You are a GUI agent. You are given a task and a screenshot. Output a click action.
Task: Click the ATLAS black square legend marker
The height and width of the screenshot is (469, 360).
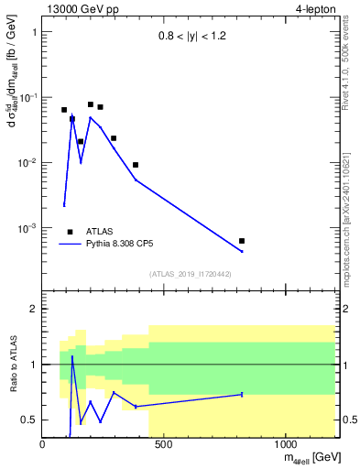pos(70,232)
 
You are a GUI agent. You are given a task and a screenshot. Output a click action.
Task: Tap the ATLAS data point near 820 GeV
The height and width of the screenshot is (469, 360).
pos(242,241)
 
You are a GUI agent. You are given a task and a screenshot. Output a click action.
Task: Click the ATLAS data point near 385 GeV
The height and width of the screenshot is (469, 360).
pos(136,165)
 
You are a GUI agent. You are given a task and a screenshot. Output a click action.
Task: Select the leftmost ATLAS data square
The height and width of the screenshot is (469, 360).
pos(64,110)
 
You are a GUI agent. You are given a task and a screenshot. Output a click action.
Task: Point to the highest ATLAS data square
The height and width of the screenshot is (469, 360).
pos(91,104)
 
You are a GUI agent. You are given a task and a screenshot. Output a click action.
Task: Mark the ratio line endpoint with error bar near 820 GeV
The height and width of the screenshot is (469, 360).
pos(242,394)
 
